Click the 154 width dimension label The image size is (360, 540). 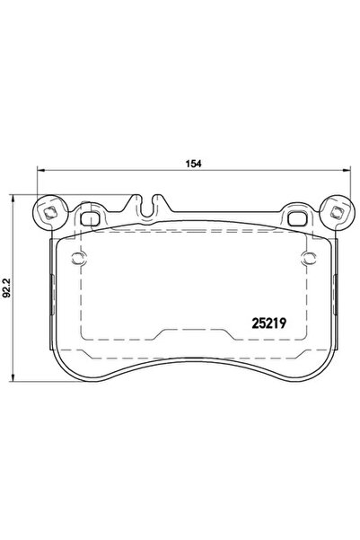190,163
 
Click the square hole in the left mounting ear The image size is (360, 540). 51,213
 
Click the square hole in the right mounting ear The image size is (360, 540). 337,213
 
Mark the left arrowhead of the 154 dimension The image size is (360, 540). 37,173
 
